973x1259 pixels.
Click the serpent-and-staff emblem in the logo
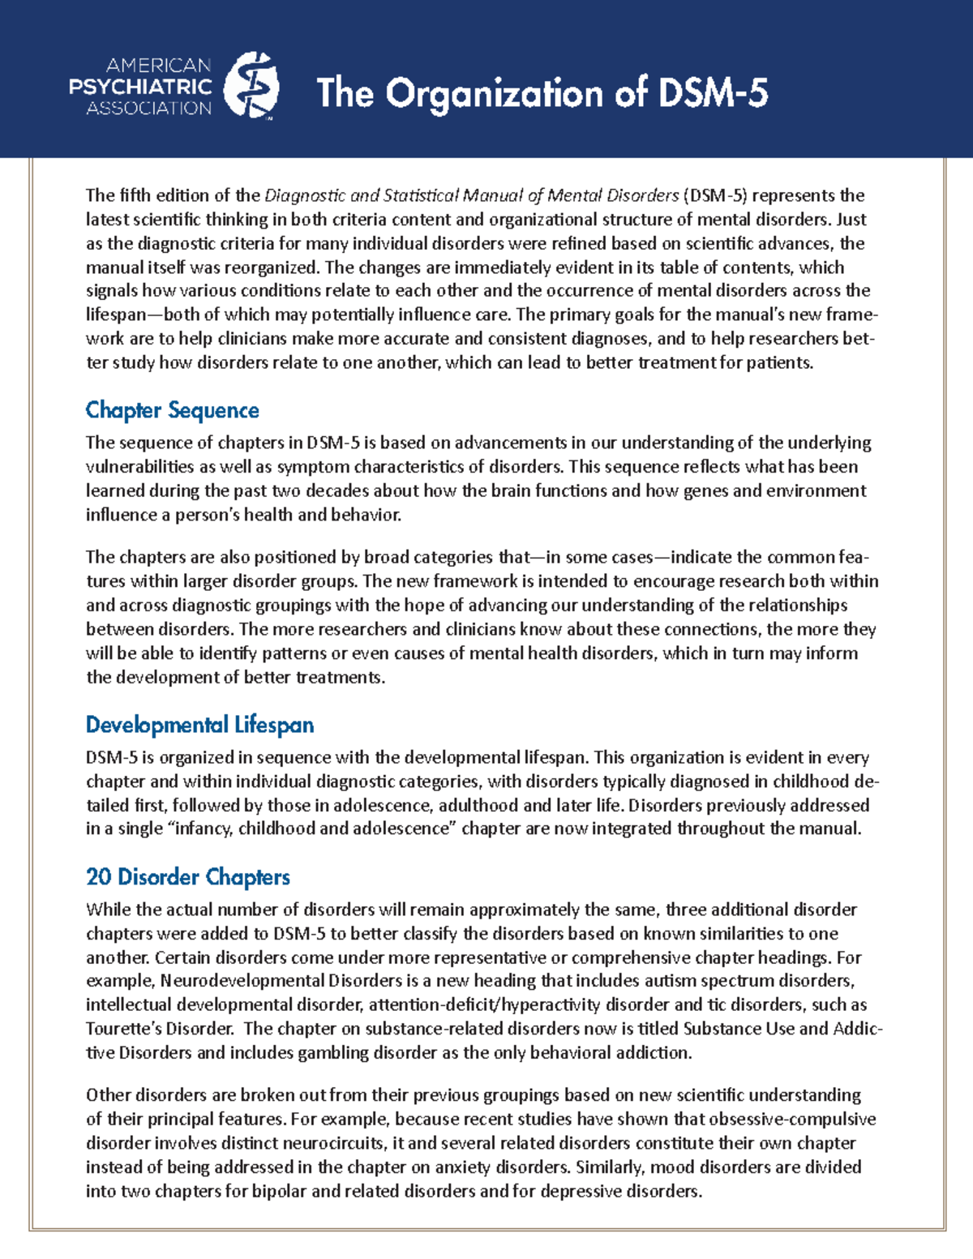coord(251,86)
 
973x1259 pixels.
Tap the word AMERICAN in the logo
coord(159,65)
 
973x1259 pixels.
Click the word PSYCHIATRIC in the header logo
coord(140,86)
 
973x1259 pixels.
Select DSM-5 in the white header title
coord(714,92)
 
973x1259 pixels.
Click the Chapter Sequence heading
coord(173,410)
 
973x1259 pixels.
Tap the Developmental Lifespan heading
coord(199,725)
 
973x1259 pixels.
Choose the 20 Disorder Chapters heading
coord(188,877)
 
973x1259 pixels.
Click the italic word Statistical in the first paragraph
coord(422,195)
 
